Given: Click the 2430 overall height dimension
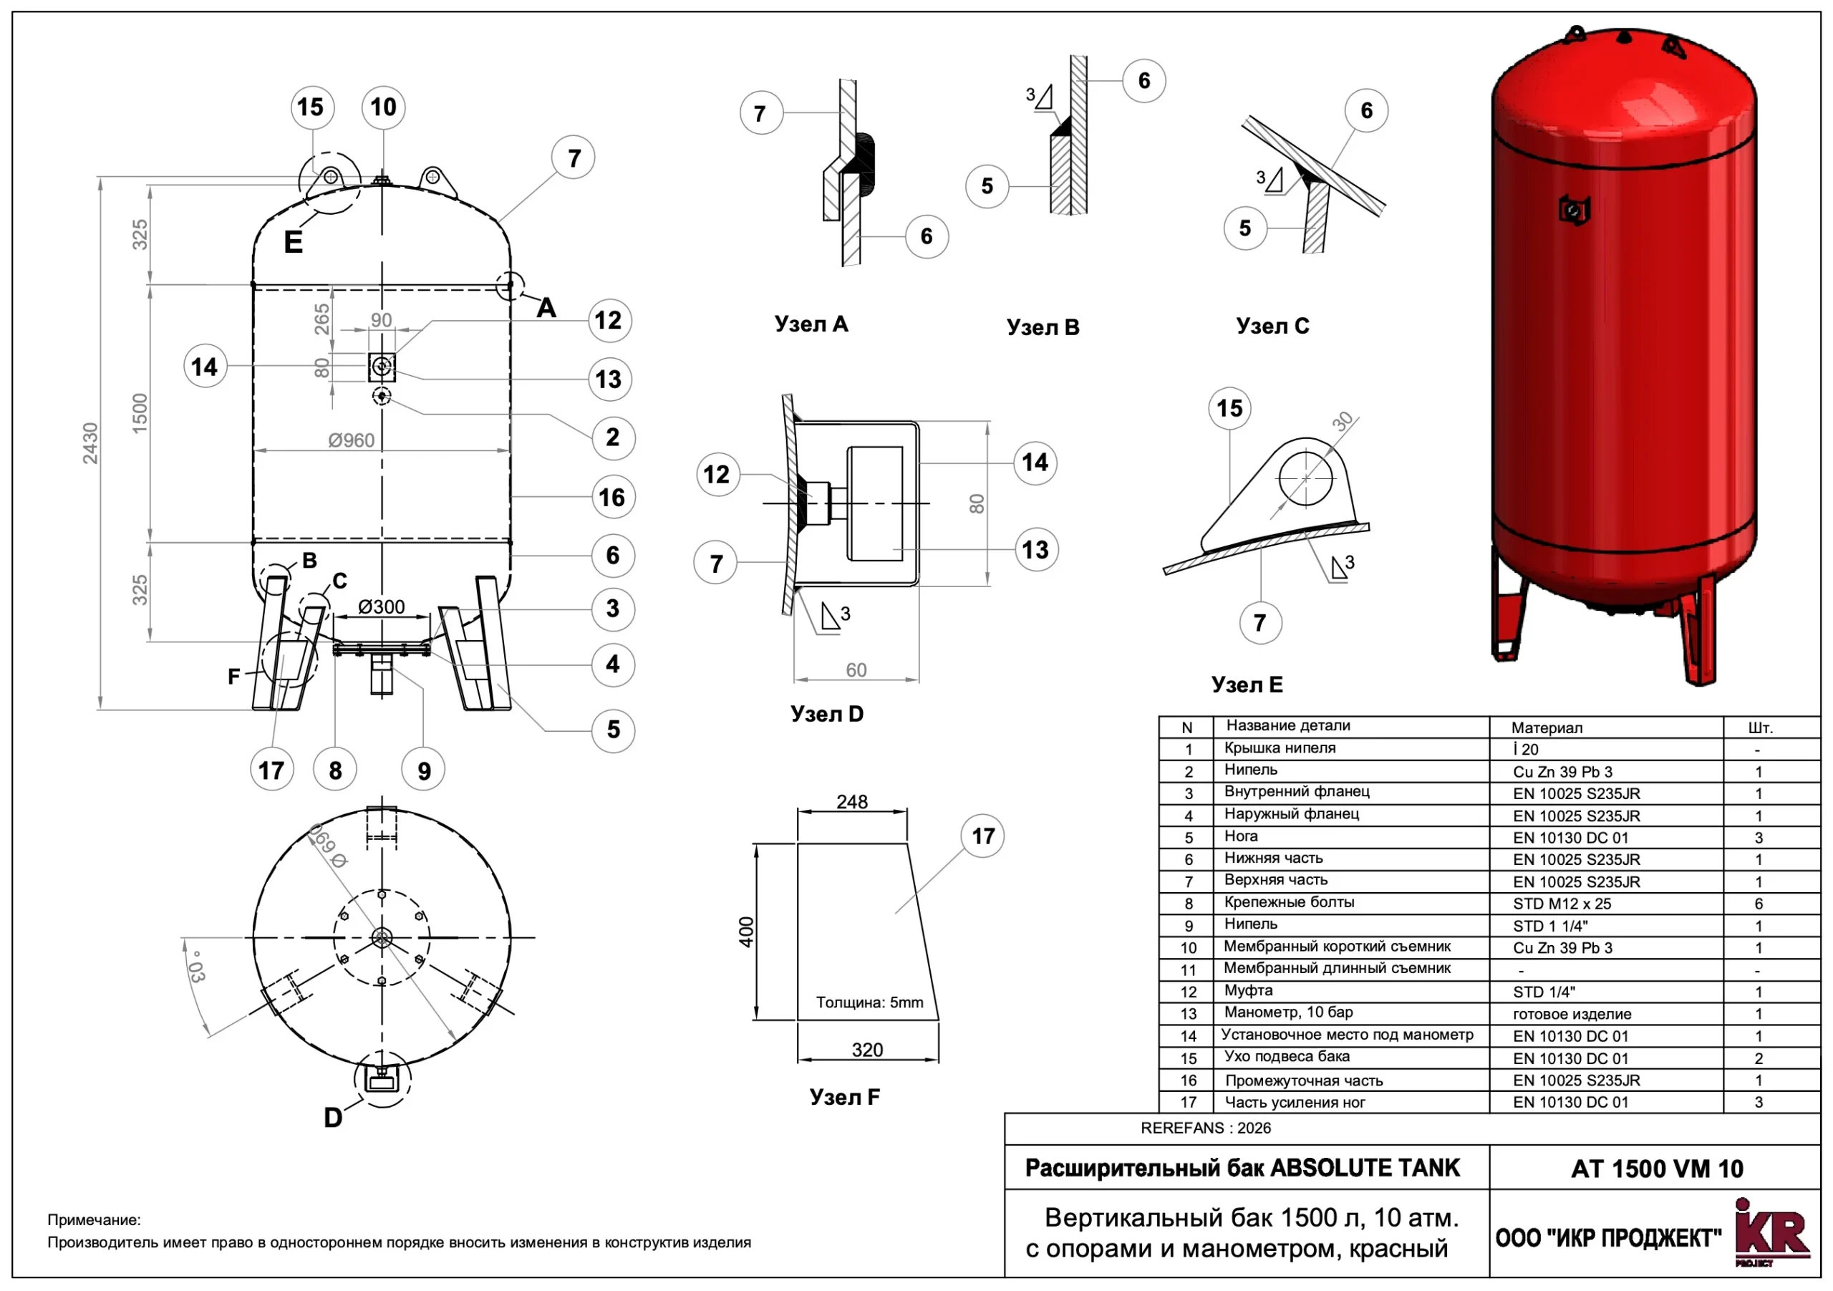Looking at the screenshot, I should tap(90, 443).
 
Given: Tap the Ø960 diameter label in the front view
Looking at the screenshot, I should tap(352, 440).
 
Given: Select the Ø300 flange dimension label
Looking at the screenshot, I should tap(381, 606).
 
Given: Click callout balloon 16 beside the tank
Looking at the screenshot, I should tap(612, 498).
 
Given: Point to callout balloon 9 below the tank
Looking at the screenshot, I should tap(423, 770).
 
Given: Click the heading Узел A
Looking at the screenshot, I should tap(811, 324).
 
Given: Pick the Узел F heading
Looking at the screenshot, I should tap(845, 1097).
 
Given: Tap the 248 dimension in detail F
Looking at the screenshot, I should tap(852, 801).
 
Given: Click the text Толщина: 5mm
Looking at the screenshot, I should tap(869, 1002).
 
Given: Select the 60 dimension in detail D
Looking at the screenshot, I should tap(856, 670).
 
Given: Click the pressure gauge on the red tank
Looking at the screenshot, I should tap(1574, 211).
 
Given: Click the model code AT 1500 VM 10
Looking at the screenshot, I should tap(1657, 1169).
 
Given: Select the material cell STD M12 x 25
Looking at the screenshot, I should tap(1562, 904).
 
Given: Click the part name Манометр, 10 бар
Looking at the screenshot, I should tap(1289, 1012).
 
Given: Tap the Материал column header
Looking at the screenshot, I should tap(1547, 727).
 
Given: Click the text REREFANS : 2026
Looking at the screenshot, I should tap(1206, 1128).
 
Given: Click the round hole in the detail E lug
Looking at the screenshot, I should tap(1306, 478).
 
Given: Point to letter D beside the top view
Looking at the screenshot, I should tap(333, 1118).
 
